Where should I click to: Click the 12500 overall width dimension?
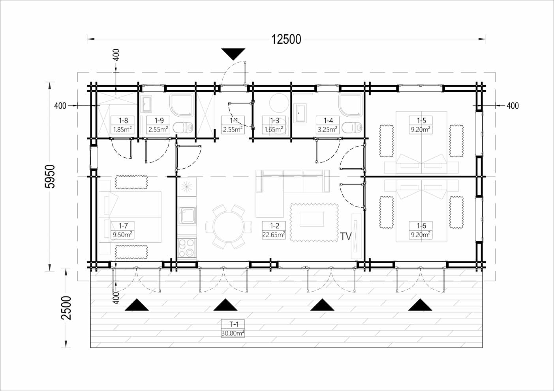click(286, 39)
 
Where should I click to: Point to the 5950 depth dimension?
click(50, 176)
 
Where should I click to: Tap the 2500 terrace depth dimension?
click(66, 308)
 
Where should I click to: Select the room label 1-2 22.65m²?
click(274, 230)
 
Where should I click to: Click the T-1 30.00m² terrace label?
click(233, 329)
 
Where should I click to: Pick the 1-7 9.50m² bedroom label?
click(122, 230)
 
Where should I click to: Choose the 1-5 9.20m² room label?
click(421, 125)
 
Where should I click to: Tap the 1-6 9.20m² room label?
click(421, 230)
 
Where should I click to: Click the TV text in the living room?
click(346, 236)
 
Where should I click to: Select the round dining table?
click(229, 227)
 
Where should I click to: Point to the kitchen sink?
click(187, 215)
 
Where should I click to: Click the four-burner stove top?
click(187, 248)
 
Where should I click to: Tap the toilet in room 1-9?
click(183, 128)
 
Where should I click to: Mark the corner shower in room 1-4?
click(351, 104)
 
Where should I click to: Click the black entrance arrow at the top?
click(233, 54)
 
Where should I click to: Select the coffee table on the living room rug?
click(312, 219)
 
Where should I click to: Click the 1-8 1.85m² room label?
click(122, 125)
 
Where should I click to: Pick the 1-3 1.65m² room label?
click(274, 125)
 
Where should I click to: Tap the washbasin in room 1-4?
click(300, 113)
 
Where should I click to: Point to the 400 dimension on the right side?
click(513, 106)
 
